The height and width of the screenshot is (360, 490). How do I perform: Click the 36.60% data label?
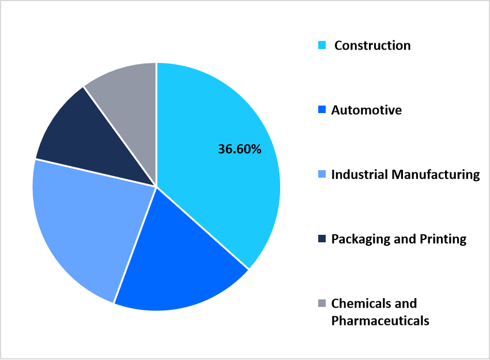[239, 149]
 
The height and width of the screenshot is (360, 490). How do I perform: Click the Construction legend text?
[372, 46]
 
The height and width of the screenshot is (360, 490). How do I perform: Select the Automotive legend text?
[366, 110]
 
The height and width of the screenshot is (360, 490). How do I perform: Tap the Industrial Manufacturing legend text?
[405, 174]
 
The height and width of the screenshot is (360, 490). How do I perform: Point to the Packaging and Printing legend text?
[398, 239]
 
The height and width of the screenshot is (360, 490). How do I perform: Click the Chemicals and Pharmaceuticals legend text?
[380, 312]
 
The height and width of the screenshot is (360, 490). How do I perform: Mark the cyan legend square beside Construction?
[322, 45]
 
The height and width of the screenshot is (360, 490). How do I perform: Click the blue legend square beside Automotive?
[322, 110]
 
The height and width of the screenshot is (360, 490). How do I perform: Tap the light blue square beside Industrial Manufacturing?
[322, 174]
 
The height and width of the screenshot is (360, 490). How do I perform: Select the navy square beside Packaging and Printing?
[322, 238]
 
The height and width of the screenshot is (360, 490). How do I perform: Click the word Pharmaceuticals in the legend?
[380, 321]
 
